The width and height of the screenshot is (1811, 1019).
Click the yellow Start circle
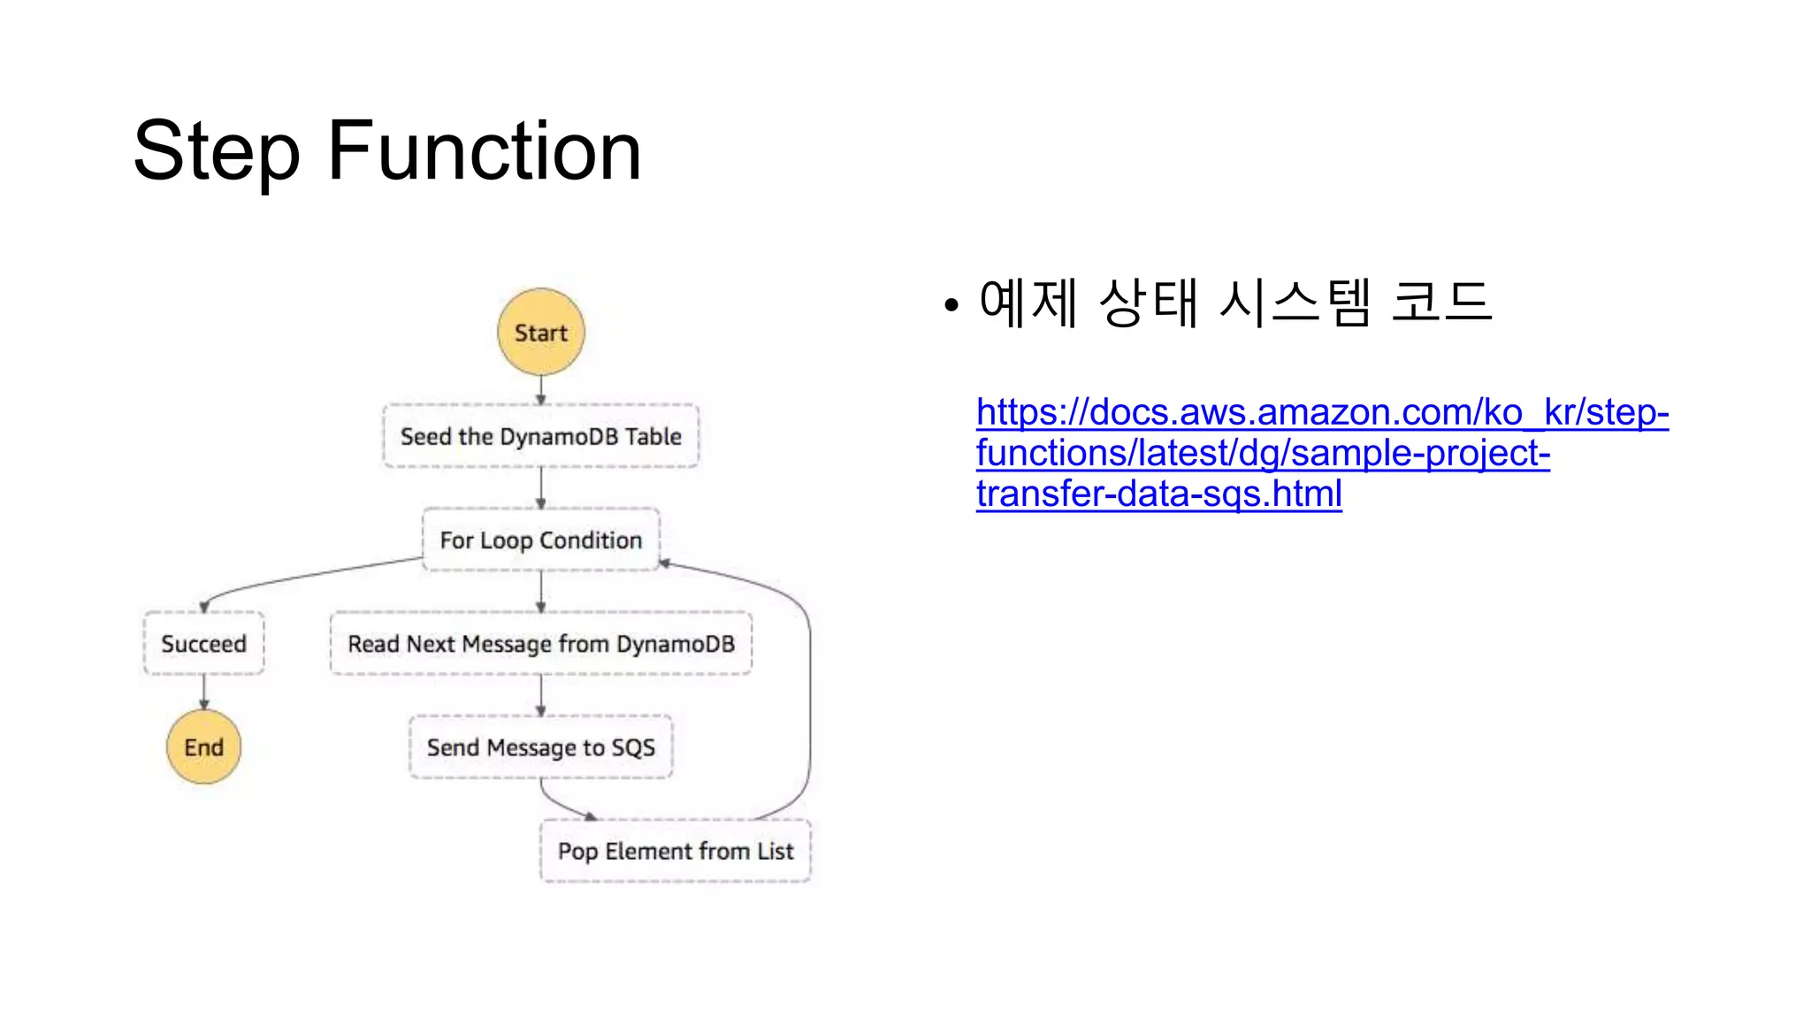pyautogui.click(x=541, y=333)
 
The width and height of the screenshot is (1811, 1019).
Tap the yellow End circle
pyautogui.click(x=203, y=747)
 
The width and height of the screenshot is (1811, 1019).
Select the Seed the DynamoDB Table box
pyautogui.click(x=541, y=436)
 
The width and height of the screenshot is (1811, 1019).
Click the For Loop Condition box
pyautogui.click(x=541, y=540)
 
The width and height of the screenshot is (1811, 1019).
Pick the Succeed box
pyautogui.click(x=203, y=644)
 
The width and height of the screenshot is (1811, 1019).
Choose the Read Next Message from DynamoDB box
pyautogui.click(x=541, y=644)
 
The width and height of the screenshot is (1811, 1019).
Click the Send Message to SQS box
pyautogui.click(x=541, y=747)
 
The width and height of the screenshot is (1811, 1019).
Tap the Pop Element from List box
pyautogui.click(x=676, y=851)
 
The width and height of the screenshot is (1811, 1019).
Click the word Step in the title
pyautogui.click(x=217, y=152)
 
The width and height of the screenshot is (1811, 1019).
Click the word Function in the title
pyautogui.click(x=485, y=152)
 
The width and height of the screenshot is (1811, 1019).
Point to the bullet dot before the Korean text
pyautogui.click(x=951, y=306)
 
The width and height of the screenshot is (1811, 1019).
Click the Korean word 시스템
pyautogui.click(x=1295, y=303)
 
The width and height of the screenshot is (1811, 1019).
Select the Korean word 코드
pyautogui.click(x=1441, y=303)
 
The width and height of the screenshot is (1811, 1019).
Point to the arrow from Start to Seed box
pyautogui.click(x=541, y=389)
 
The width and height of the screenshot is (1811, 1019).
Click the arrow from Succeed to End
pyautogui.click(x=203, y=692)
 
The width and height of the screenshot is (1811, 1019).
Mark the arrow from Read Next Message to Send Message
pyautogui.click(x=541, y=695)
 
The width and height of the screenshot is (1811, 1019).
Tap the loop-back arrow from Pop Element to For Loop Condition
pyautogui.click(x=808, y=690)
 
